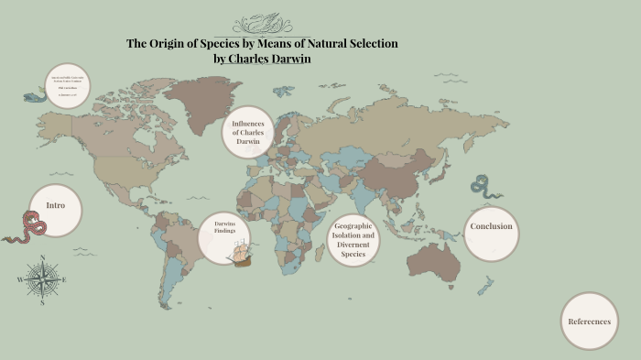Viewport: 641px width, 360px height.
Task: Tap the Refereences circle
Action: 589,322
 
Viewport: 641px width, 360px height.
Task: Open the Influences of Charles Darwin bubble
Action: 247,133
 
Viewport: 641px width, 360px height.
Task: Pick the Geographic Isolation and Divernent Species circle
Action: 353,240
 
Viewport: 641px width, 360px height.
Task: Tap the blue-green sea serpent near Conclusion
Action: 485,187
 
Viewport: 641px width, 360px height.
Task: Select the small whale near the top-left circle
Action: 36,95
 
